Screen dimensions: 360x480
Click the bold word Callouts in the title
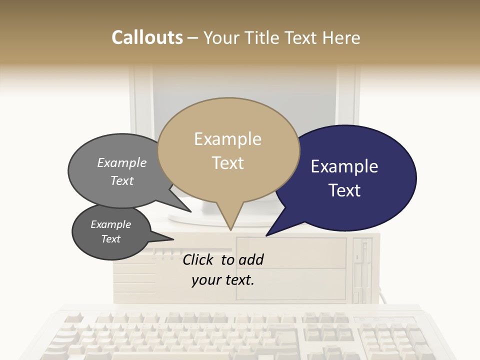click(x=147, y=37)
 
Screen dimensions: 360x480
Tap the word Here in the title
click(x=341, y=37)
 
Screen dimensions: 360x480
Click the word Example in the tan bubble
click(x=227, y=139)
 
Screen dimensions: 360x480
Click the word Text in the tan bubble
click(x=227, y=163)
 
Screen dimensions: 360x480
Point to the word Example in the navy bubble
click(x=344, y=166)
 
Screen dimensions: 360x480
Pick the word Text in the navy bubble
click(x=344, y=190)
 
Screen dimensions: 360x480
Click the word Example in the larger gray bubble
click(x=122, y=163)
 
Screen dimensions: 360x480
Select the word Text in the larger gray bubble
click(x=122, y=180)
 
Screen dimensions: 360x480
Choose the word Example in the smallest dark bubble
click(x=110, y=224)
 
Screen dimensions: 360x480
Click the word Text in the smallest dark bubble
click(x=110, y=239)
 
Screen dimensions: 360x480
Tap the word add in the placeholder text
click(x=250, y=259)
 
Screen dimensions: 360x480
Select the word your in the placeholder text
click(x=206, y=280)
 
